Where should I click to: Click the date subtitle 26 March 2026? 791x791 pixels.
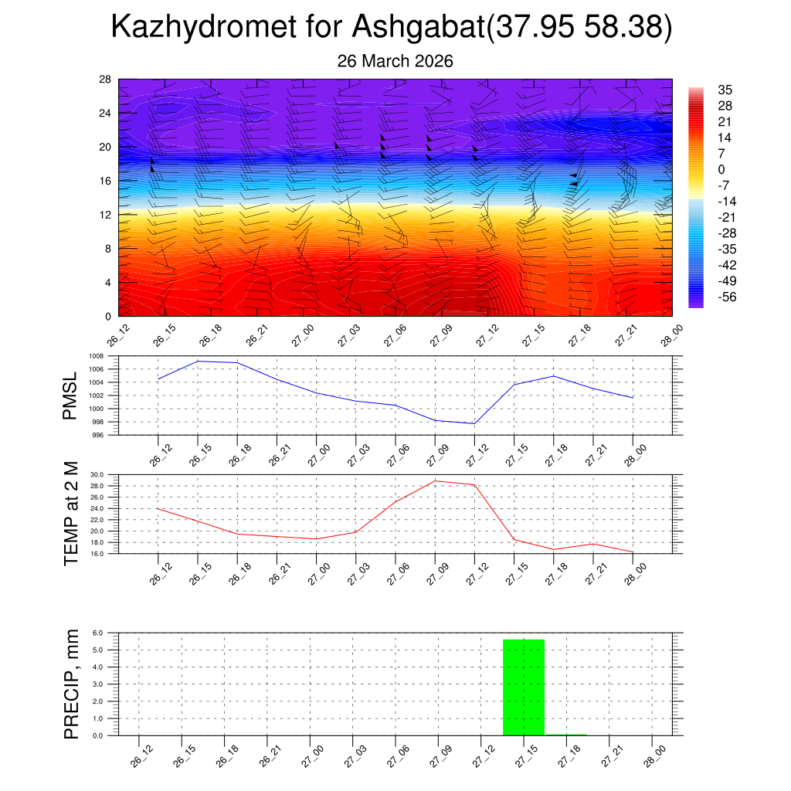click(x=395, y=61)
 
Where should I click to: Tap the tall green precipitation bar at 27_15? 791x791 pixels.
click(x=524, y=687)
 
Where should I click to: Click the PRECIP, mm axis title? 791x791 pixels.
click(x=70, y=684)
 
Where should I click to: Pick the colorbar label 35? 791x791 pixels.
click(x=725, y=90)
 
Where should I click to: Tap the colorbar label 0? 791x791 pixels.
click(x=721, y=170)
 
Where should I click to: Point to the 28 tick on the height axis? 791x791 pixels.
click(x=106, y=79)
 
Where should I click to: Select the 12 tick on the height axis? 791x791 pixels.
click(x=106, y=215)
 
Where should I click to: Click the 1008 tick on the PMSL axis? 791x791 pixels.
click(x=96, y=356)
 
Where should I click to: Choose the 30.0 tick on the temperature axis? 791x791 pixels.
click(x=96, y=474)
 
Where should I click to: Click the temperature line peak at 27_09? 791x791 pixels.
click(x=435, y=480)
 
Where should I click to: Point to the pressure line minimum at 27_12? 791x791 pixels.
click(x=474, y=423)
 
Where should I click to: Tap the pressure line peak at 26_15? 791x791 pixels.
click(x=199, y=361)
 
